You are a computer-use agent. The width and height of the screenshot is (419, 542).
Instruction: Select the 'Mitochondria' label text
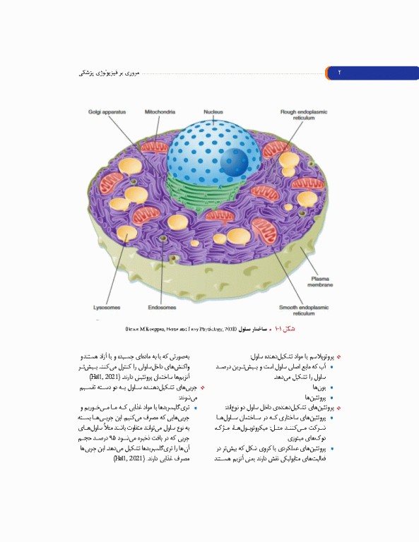click(x=160, y=112)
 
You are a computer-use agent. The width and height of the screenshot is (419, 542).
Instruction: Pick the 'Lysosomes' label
click(x=107, y=308)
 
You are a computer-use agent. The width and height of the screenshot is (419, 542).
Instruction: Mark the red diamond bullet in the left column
click(x=203, y=387)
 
